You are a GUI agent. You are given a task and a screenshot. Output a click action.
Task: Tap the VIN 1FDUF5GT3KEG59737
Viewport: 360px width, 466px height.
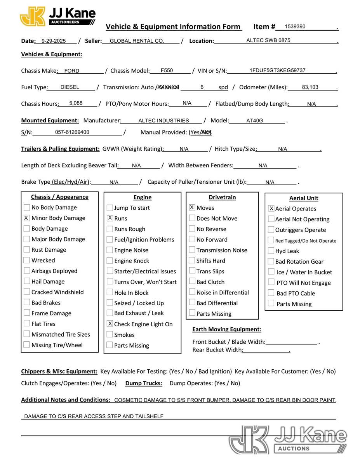[x=277, y=70]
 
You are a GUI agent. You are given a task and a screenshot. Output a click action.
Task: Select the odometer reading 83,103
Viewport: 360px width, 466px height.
[x=310, y=87]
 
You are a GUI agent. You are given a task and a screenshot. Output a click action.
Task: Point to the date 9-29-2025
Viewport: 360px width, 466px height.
[x=54, y=40]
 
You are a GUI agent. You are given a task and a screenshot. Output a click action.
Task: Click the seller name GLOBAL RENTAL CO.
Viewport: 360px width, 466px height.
[x=137, y=40]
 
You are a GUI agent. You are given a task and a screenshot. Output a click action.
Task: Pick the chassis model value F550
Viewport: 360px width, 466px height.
[x=167, y=70]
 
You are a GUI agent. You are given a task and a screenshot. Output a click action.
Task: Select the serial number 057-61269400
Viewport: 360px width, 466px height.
[x=72, y=132]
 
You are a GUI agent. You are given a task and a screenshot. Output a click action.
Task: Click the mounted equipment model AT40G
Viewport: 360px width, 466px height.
[x=255, y=120]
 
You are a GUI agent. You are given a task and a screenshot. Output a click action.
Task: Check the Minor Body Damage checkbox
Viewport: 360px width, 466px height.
[x=26, y=218]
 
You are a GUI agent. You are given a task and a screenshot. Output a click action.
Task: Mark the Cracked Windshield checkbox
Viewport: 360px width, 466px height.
[x=26, y=292]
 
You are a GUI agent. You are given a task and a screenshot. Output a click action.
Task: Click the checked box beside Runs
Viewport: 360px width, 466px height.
[x=110, y=218]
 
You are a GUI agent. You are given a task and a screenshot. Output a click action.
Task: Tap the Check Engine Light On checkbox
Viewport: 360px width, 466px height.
[x=110, y=323]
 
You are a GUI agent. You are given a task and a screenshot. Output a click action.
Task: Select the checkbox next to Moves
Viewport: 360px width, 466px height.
[x=192, y=207]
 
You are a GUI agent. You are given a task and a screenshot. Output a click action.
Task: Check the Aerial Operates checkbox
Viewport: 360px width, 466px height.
[x=271, y=209]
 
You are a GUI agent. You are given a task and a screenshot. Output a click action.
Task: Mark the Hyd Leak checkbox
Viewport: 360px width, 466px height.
[x=271, y=251]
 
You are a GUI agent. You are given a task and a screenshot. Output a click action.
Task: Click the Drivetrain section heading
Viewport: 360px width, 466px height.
[x=222, y=197]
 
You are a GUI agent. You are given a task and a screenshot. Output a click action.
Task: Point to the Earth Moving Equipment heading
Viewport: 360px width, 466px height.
[x=226, y=329]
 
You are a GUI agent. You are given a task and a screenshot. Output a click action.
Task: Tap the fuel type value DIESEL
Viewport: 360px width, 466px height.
[x=70, y=87]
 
